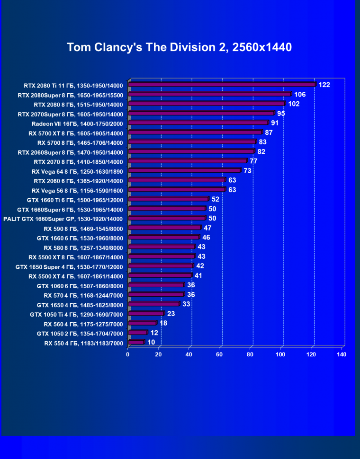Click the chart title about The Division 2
[x=179, y=47]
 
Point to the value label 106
[x=300, y=95]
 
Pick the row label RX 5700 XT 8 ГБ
[x=76, y=133]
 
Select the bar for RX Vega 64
[x=184, y=170]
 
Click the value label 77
[x=253, y=161]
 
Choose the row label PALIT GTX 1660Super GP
[x=63, y=219]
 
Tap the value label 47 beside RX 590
[x=207, y=228]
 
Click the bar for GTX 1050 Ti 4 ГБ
[x=146, y=314]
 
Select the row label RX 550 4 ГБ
[x=83, y=343]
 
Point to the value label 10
[x=151, y=342]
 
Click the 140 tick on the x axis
[x=341, y=355]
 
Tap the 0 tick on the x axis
[x=128, y=355]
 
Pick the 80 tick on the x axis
[x=250, y=355]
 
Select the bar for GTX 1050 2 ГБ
[x=138, y=333]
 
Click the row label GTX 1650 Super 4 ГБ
[x=69, y=267]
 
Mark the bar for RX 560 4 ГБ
[x=142, y=323]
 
